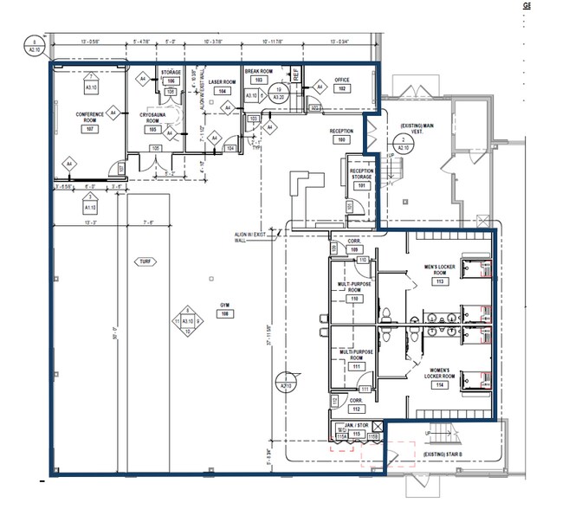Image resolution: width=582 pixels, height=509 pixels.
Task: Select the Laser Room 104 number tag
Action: (x=223, y=91)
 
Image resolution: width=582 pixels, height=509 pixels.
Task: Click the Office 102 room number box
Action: (x=342, y=89)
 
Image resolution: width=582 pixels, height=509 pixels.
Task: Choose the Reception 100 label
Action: (x=340, y=135)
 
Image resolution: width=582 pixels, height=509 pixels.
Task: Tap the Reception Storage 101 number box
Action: (x=362, y=185)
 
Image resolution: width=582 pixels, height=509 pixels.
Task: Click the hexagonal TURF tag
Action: (x=144, y=261)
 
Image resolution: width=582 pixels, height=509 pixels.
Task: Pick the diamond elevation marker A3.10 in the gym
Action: (x=186, y=321)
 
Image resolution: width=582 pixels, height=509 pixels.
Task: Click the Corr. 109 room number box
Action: (x=353, y=249)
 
